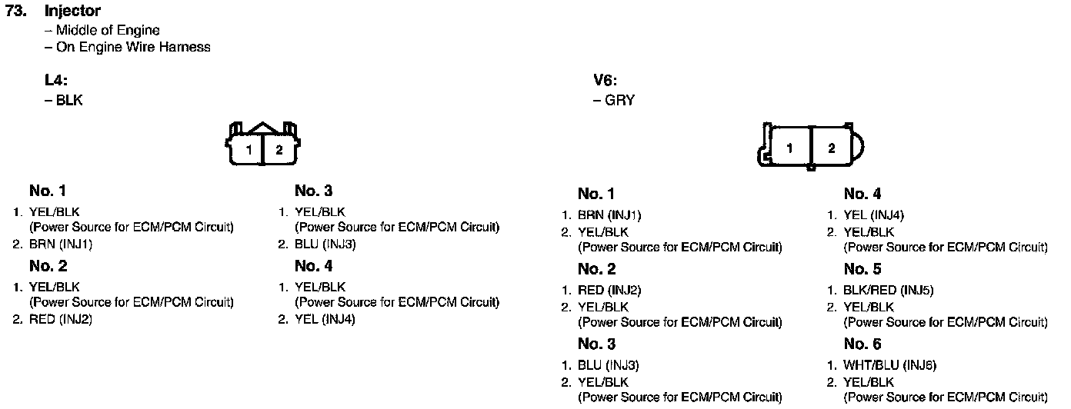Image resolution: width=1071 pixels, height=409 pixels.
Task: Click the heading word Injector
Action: click(72, 12)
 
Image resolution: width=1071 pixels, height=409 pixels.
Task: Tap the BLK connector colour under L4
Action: click(69, 101)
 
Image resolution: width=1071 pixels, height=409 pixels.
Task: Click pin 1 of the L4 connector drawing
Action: click(249, 150)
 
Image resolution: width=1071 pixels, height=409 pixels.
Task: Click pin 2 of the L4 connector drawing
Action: click(279, 150)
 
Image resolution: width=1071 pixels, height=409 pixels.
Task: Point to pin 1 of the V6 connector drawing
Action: click(790, 148)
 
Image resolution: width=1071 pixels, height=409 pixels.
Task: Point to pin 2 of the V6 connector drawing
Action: click(831, 148)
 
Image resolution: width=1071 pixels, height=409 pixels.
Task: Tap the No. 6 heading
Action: click(862, 344)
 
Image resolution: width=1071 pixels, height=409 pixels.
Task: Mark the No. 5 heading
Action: click(862, 270)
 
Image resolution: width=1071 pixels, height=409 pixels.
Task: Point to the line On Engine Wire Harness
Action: click(133, 47)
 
